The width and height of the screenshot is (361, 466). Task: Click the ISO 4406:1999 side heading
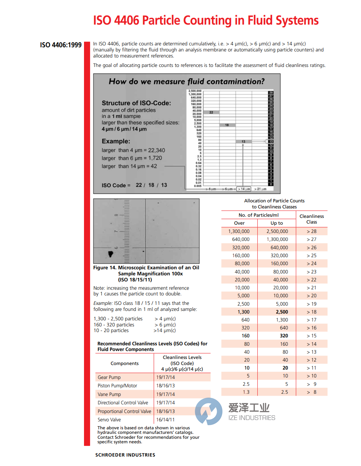[61, 45]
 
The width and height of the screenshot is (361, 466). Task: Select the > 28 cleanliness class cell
[311, 231]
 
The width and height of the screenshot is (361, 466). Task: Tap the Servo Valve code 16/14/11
[165, 419]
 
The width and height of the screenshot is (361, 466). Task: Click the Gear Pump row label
[109, 377]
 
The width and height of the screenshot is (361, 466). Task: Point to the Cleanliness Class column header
[311, 219]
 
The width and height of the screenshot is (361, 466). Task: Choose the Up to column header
[277, 223]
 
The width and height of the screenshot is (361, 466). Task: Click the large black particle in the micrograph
[111, 254]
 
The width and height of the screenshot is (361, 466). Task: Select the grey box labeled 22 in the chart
[211, 112]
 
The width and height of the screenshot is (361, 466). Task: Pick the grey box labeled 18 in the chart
[227, 125]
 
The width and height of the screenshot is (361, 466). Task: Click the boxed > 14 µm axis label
[244, 188]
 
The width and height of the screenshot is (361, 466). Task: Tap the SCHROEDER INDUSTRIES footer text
[125, 455]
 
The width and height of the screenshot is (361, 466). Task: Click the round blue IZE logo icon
[209, 412]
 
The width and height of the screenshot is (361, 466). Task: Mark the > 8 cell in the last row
[311, 392]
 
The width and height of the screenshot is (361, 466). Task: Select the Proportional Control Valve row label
[124, 411]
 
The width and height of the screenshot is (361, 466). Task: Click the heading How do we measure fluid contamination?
[187, 81]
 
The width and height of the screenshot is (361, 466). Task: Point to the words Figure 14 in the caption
[104, 268]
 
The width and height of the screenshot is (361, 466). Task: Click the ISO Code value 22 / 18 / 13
[151, 185]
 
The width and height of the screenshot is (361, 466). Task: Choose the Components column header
[124, 363]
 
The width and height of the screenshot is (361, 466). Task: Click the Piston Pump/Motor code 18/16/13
[165, 385]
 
